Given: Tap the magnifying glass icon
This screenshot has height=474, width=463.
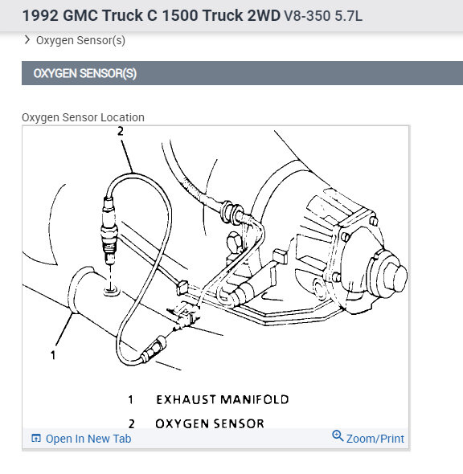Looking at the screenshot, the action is (338, 436).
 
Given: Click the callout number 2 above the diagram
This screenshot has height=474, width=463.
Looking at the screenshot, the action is (121, 131).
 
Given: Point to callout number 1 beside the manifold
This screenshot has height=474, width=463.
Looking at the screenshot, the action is (53, 355).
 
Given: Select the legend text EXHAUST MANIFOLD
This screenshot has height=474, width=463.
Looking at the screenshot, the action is (223, 399).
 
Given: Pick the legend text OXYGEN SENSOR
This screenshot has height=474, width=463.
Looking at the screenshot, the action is (210, 423).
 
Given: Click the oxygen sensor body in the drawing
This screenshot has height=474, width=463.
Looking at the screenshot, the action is (109, 231).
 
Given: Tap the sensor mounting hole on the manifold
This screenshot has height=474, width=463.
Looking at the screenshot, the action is (112, 292).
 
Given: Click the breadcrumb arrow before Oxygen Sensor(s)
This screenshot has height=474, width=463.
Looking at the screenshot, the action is (27, 40).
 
